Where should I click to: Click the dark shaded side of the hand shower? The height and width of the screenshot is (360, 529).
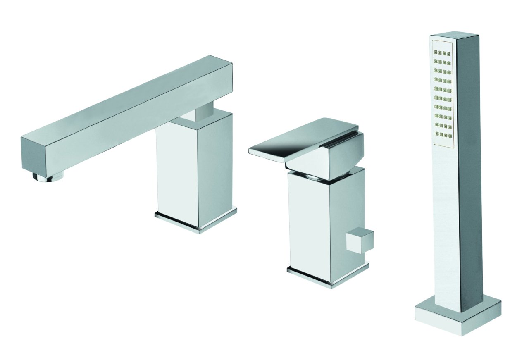click(x=469, y=165)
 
